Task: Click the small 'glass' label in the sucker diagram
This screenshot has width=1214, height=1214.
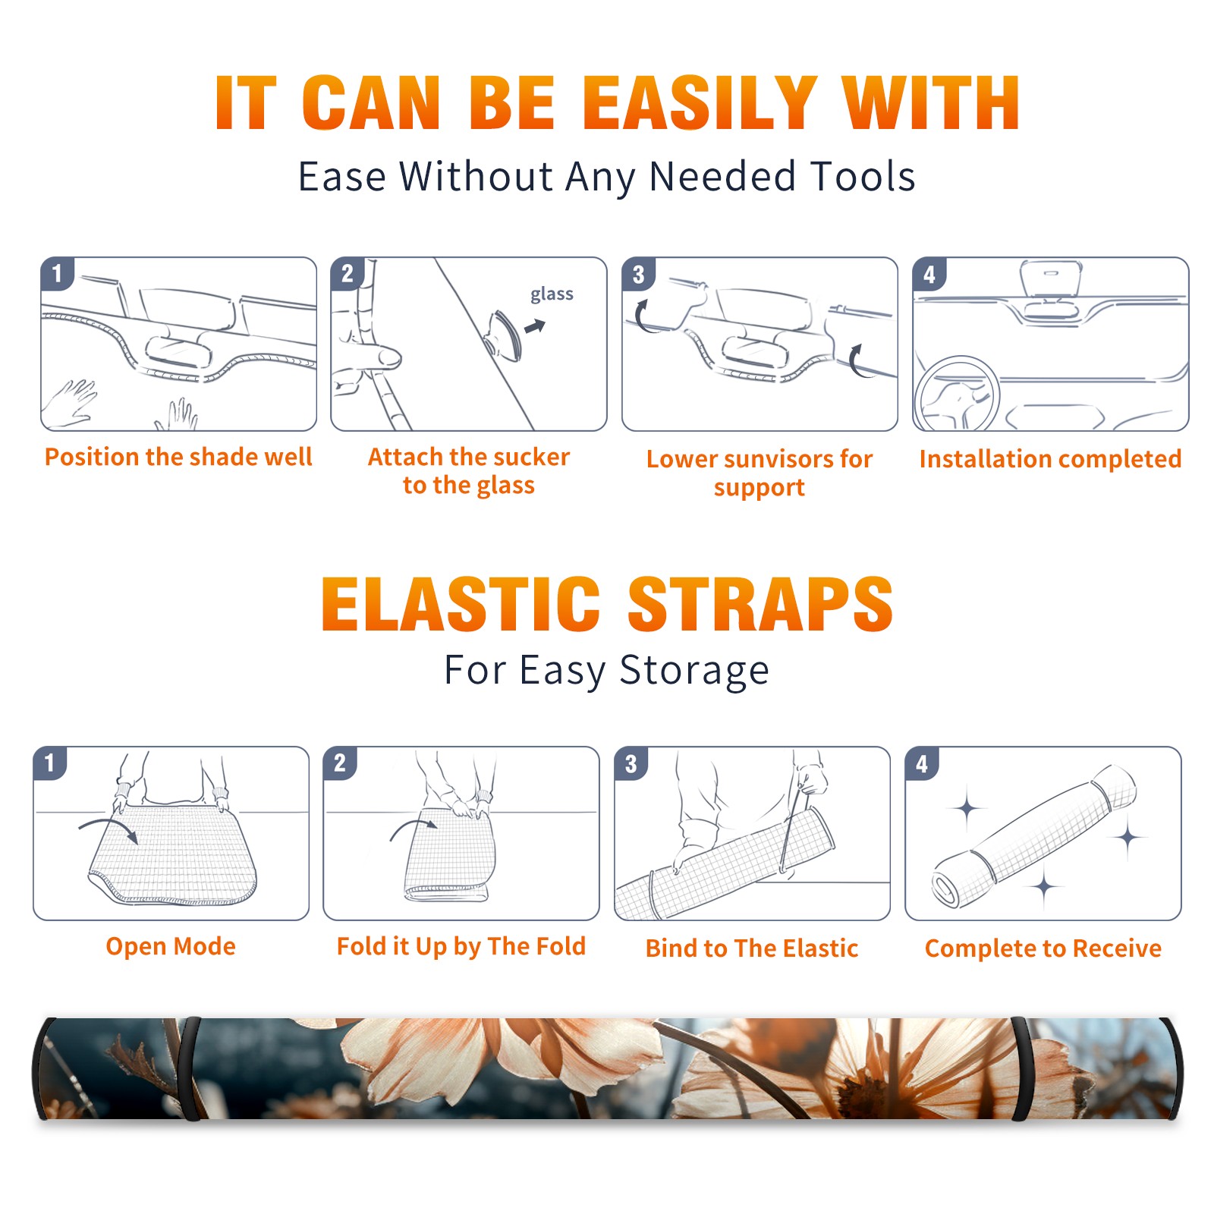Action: point(552,294)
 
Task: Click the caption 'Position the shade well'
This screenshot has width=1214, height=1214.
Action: point(178,457)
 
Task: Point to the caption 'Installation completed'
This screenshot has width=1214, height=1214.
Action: point(1050,458)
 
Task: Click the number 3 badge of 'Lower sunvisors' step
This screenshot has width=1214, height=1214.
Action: point(638,274)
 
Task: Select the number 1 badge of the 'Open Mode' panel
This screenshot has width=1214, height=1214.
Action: point(50,763)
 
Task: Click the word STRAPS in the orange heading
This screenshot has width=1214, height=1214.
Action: point(760,604)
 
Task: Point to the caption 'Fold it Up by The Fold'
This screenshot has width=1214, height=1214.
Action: point(461,946)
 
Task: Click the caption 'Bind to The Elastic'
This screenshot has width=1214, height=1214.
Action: point(752,948)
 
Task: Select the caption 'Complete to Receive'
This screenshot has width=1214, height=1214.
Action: point(1043,948)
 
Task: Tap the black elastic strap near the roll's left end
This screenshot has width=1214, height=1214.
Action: point(190,1068)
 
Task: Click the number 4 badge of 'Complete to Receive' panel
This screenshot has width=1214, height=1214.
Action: point(922,763)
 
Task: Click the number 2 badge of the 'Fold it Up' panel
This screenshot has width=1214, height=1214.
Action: point(340,763)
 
